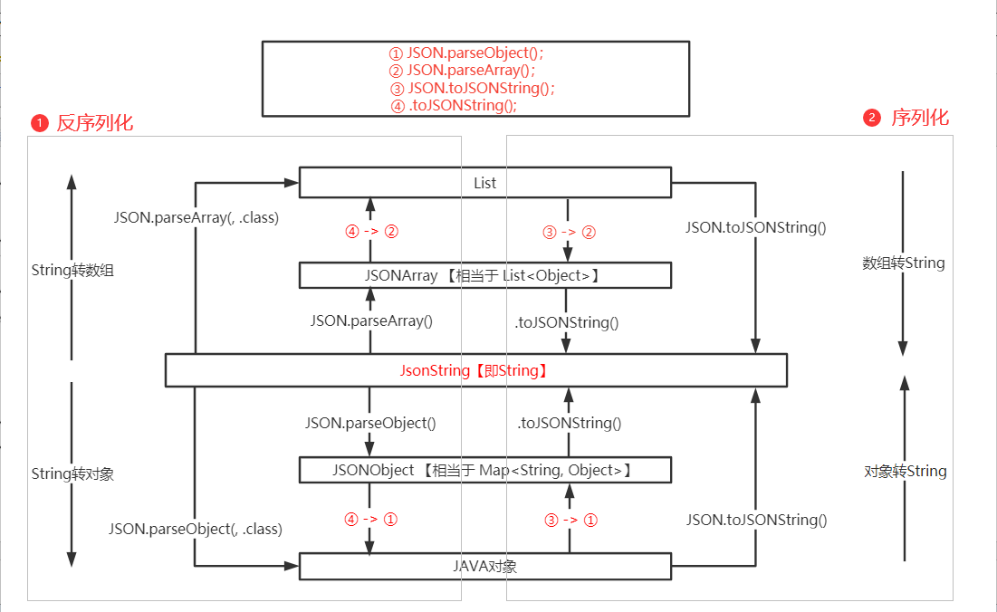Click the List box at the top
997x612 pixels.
point(484,183)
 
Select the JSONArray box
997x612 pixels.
point(484,275)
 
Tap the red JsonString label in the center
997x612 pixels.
point(475,371)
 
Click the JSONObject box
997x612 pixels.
point(484,470)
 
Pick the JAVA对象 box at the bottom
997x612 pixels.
point(484,567)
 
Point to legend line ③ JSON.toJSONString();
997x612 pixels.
point(472,88)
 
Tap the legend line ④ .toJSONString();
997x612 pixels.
point(453,105)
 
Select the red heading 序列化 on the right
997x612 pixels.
point(920,118)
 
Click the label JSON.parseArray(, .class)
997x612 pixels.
point(196,218)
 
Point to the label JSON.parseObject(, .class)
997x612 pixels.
point(196,529)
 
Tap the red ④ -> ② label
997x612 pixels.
point(371,231)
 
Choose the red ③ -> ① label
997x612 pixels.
point(570,520)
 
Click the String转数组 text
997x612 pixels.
point(72,270)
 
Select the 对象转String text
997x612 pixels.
point(905,471)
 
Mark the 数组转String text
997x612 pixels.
point(903,263)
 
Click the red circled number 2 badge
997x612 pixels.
point(871,119)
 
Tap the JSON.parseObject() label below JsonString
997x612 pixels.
point(370,422)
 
